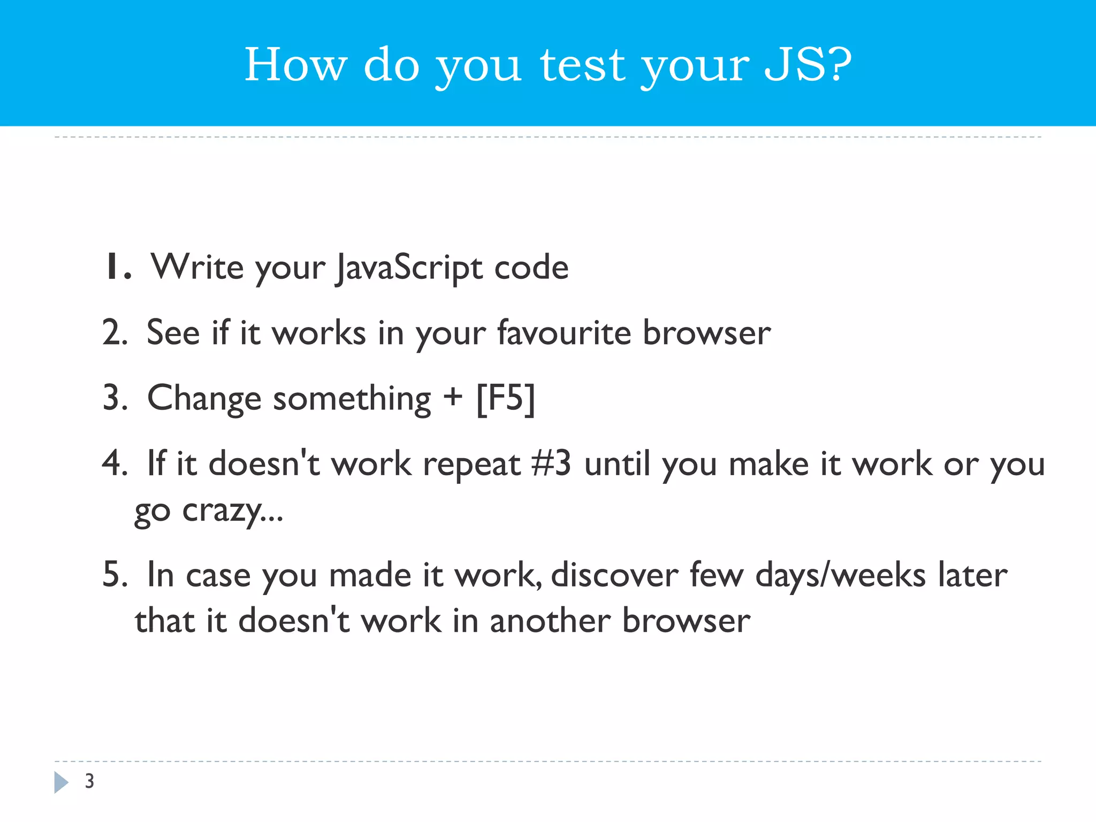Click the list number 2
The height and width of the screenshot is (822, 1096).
[x=114, y=332]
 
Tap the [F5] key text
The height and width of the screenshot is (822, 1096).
[x=506, y=399]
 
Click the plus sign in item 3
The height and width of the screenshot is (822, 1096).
[x=453, y=398]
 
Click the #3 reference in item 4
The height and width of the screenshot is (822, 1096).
[x=551, y=463]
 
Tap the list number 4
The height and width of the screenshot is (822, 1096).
[x=114, y=463]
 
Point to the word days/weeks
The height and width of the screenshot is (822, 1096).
[x=840, y=576]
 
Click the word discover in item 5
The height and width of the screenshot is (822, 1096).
[x=614, y=575]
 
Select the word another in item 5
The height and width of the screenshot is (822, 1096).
[x=550, y=621]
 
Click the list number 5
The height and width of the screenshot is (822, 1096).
[x=114, y=575]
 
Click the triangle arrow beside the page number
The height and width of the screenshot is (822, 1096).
[x=61, y=782]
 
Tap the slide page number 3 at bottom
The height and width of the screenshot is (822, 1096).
[x=89, y=781]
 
